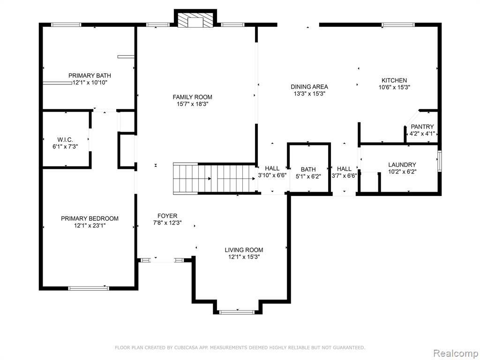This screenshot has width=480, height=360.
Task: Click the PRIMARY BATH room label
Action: coord(90,75)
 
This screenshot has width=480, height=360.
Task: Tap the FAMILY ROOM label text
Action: coord(192,97)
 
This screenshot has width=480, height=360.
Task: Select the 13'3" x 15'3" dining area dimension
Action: coord(309,94)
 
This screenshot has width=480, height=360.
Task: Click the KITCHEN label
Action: coord(394,81)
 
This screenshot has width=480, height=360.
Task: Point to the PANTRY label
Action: coord(422,127)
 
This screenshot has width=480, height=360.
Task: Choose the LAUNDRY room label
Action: coord(402,165)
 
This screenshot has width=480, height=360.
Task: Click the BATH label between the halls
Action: coord(308,170)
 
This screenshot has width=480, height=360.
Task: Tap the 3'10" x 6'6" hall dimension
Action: coord(272,176)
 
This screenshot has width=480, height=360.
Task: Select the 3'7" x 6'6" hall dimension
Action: coord(345,176)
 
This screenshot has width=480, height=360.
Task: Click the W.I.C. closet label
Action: coord(65,140)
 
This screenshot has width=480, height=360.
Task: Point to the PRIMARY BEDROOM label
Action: coord(90,218)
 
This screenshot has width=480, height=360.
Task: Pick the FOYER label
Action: coord(167,216)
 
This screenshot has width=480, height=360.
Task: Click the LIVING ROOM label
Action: coord(244,250)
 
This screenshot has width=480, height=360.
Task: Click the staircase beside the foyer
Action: coord(215,179)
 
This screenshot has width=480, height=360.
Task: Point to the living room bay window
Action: coord(237,312)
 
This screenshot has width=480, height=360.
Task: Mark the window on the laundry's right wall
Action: coord(440,161)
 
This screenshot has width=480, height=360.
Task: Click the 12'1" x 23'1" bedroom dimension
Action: coord(90,226)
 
